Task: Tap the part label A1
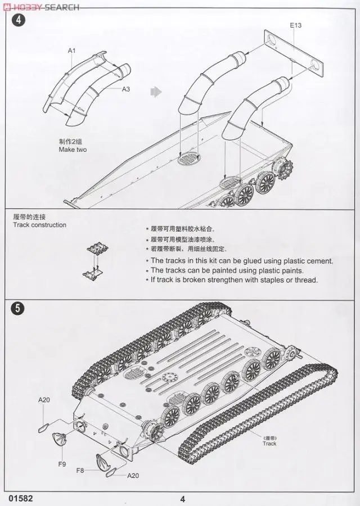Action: point(71,51)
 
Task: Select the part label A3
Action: point(125,89)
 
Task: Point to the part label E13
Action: point(296,25)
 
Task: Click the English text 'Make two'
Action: point(73,150)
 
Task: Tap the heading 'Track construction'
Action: point(39,225)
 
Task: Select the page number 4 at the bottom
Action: point(183,498)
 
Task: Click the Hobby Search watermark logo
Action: point(40,7)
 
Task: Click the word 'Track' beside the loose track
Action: point(269,444)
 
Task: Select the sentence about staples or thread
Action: point(233,280)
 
